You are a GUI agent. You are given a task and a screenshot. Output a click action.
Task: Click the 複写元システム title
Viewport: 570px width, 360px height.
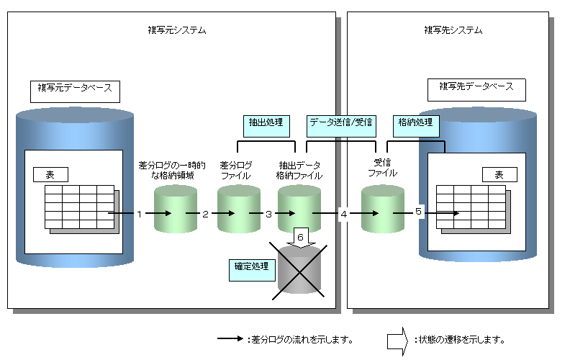click(176, 30)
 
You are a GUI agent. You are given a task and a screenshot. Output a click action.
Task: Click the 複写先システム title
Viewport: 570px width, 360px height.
click(453, 30)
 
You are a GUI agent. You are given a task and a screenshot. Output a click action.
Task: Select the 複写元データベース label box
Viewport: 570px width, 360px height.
click(75, 90)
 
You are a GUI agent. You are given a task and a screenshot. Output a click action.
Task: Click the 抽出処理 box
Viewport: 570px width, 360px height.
click(264, 125)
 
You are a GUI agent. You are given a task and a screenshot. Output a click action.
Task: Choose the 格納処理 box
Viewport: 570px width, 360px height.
click(415, 123)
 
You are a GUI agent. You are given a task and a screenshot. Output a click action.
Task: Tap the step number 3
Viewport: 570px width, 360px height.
click(268, 214)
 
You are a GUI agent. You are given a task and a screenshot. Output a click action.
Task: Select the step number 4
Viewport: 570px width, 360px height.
click(343, 214)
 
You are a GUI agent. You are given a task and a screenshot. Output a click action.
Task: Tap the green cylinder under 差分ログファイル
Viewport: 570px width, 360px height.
click(238, 209)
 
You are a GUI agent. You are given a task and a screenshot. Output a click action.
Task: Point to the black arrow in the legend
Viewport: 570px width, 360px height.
click(229, 338)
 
